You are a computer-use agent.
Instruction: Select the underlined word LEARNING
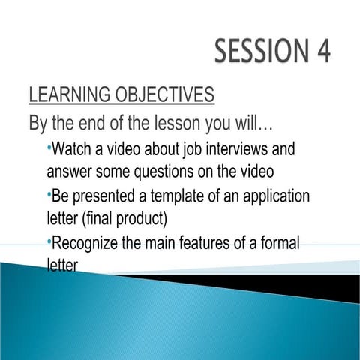70,95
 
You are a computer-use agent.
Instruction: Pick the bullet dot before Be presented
49,193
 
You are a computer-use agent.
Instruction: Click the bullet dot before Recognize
49,239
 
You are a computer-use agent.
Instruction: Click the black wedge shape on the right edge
330,287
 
